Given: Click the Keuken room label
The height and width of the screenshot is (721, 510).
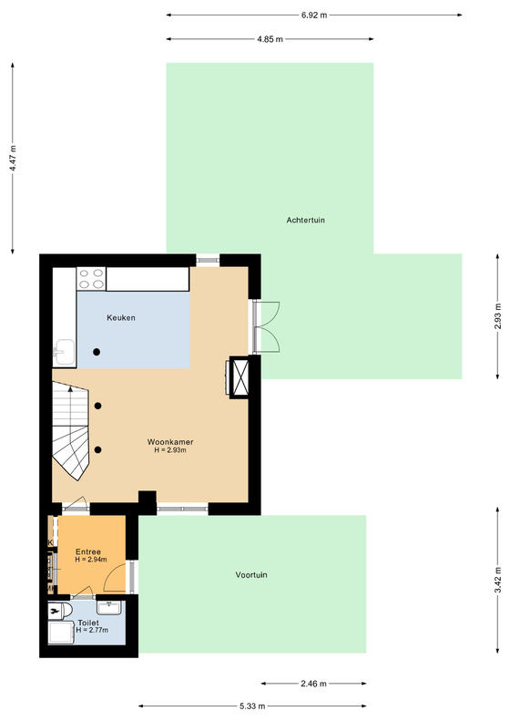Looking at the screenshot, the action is [121, 318].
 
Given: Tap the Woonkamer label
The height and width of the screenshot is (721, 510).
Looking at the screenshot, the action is [170, 442].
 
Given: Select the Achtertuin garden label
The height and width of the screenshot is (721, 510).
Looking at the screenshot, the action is [305, 221].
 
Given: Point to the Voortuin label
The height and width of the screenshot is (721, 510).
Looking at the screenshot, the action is [251, 575].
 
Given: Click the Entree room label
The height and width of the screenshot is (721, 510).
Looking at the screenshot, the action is [88, 551].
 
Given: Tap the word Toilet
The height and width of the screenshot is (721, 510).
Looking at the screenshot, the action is [88, 623].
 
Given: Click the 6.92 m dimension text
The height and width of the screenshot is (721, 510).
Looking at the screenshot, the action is [314, 15].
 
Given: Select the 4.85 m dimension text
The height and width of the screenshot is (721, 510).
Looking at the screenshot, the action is [270, 39].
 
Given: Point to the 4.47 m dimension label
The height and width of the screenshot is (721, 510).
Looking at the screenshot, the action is [13, 159].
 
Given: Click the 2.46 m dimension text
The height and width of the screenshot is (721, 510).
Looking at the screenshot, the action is [314, 684].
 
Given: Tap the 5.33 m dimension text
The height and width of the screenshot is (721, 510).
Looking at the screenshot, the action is [252, 706].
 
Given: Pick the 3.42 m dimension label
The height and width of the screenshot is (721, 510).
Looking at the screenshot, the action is [497, 582].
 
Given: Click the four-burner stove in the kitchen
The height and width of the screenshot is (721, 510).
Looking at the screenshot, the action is [91, 279].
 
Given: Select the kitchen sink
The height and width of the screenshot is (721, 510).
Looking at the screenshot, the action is [64, 352].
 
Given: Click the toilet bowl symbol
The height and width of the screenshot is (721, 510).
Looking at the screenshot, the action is [60, 611].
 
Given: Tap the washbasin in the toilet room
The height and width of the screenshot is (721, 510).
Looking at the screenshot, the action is [109, 607].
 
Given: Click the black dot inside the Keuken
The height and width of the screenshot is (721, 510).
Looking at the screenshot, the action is [97, 352].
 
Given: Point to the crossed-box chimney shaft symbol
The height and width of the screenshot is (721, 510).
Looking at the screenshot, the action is [239, 377].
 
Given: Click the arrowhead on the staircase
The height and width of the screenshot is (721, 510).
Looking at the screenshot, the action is [70, 389].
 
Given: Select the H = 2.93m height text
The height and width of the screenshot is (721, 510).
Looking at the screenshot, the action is [170, 450].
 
